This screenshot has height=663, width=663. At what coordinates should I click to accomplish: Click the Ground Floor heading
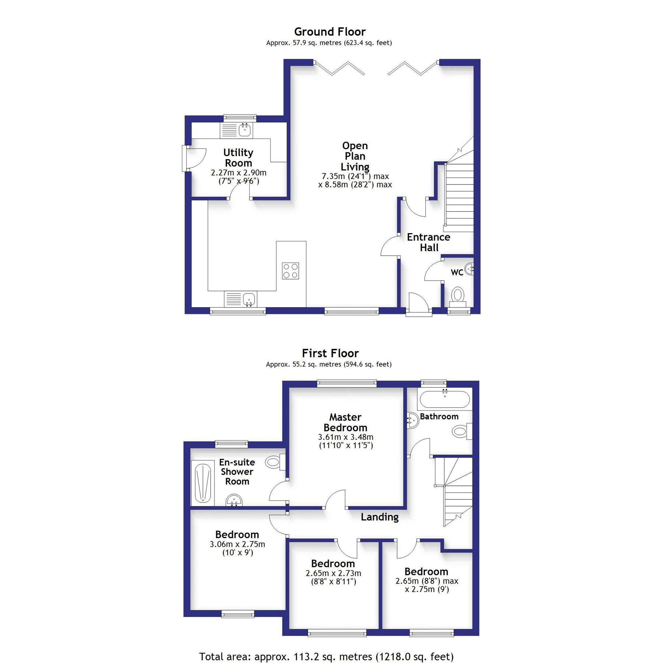330,32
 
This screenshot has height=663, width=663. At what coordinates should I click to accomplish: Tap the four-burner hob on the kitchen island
290,271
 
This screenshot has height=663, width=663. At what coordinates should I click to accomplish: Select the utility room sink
245,130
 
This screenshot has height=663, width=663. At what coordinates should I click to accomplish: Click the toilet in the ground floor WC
458,295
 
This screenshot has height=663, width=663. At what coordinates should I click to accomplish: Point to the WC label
457,273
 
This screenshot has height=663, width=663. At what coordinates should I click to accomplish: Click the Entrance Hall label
428,242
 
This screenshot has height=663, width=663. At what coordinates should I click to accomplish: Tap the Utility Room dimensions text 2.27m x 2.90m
238,172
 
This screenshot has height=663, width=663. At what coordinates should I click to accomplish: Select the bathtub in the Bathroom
445,400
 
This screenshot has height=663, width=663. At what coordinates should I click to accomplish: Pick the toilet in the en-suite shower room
274,462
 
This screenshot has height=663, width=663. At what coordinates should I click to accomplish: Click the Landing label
379,517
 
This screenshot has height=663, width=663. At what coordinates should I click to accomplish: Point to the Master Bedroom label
345,422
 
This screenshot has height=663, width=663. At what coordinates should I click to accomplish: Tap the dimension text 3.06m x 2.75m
237,544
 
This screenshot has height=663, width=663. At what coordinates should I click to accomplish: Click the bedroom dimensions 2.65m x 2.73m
333,573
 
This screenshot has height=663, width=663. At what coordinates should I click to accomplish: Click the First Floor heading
330,353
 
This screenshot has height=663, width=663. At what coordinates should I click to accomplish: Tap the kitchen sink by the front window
249,299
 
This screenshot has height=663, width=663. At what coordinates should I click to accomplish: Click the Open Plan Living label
355,156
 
